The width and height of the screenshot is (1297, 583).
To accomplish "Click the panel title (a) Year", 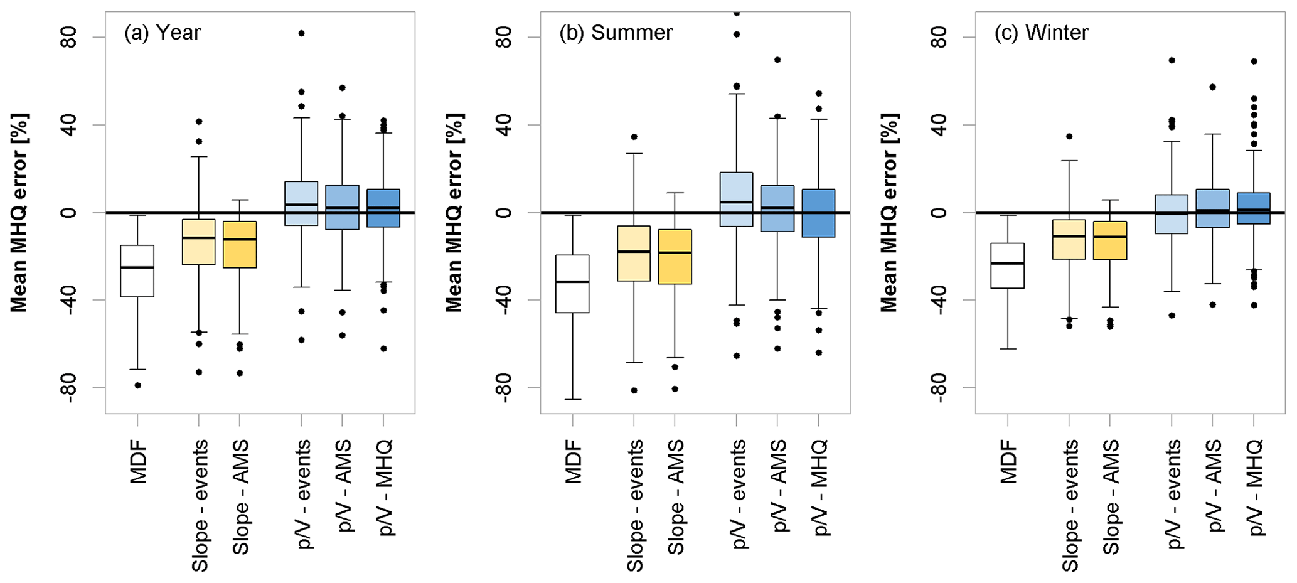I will [x=163, y=33].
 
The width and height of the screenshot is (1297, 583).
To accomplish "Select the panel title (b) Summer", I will [x=616, y=33].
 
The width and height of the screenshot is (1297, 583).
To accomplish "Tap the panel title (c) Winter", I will [x=1042, y=33].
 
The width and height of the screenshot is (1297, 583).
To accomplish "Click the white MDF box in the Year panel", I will [x=137, y=270].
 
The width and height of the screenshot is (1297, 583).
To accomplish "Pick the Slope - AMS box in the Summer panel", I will [x=675, y=257].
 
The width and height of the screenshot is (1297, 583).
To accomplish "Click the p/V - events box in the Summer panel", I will [x=736, y=199].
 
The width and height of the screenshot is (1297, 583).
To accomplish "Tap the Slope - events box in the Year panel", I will [x=199, y=242].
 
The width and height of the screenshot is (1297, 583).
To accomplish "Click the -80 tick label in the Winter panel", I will [x=939, y=388].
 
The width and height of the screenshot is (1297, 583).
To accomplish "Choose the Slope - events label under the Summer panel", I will [x=634, y=505].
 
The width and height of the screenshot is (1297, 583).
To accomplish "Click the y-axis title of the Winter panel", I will [x=889, y=213].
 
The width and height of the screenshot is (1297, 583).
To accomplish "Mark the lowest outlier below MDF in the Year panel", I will [x=138, y=385].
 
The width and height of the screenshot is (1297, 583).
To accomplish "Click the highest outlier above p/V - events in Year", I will [x=301, y=33].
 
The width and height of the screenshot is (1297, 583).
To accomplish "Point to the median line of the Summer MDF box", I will [x=573, y=282].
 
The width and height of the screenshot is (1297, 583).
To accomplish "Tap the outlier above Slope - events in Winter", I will [x=1069, y=136].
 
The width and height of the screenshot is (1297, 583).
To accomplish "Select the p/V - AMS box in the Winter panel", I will [x=1212, y=208].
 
